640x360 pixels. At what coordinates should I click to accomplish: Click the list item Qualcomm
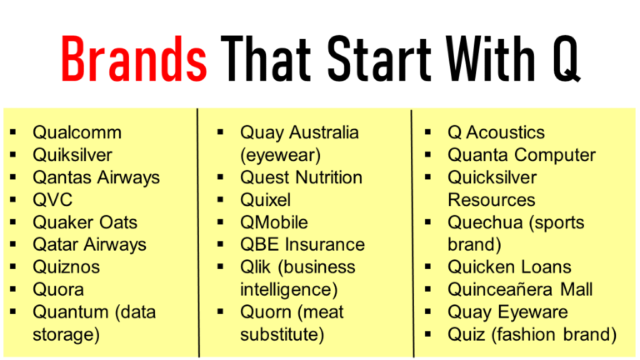77,132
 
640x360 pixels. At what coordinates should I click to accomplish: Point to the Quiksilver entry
72,155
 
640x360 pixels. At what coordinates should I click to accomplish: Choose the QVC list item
52,200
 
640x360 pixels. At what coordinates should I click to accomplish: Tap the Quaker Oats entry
85,222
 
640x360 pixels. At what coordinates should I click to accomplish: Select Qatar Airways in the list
89,245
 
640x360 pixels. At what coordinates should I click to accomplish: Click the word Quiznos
66,267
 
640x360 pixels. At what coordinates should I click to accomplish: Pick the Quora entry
58,290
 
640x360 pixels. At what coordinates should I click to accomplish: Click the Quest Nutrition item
301,177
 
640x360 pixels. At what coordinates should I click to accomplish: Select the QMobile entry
274,222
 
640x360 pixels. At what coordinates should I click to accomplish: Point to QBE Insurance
302,245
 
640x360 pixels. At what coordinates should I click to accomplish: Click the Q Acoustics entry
496,132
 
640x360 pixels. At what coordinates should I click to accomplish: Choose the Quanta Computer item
522,155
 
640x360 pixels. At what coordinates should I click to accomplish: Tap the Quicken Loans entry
510,267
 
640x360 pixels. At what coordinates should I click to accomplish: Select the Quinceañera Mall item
521,290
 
